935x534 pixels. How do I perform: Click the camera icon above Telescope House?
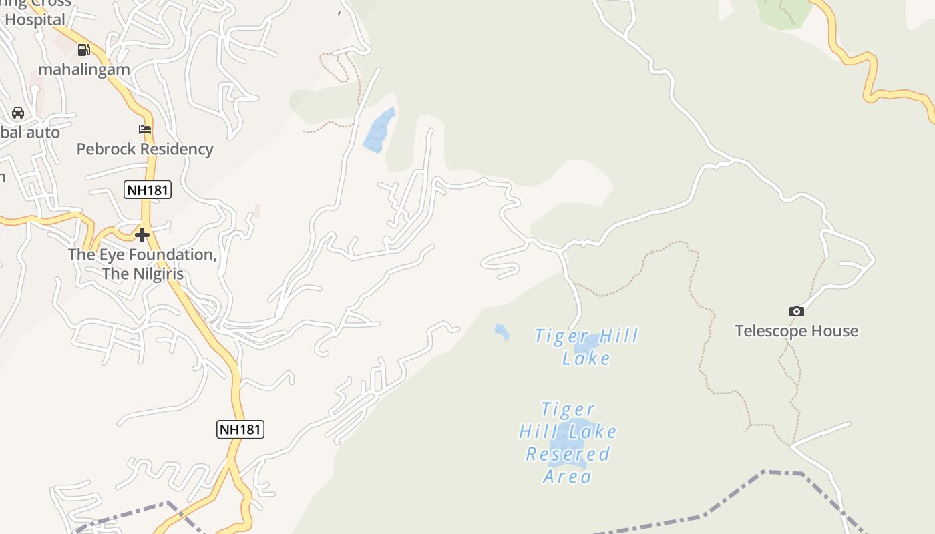[x=796, y=311]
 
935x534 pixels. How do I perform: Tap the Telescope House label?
[x=796, y=331]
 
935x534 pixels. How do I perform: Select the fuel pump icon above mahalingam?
[x=84, y=49]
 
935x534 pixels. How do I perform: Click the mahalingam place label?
[x=84, y=69]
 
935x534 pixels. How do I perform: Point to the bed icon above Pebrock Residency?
[x=145, y=129]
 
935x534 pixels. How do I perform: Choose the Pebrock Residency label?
[x=145, y=149]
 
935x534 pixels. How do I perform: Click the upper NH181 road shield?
[x=148, y=190]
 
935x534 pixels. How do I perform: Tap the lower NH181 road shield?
[x=240, y=429]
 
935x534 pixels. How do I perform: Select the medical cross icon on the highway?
[x=142, y=235]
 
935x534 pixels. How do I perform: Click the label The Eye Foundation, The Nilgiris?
[x=142, y=264]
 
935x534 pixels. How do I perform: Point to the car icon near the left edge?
[x=18, y=112]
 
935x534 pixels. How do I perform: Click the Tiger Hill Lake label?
[x=586, y=347]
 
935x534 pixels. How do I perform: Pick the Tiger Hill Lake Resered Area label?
[x=568, y=442]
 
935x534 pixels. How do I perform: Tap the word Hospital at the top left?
[x=35, y=20]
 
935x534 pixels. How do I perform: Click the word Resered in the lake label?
[x=568, y=454]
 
